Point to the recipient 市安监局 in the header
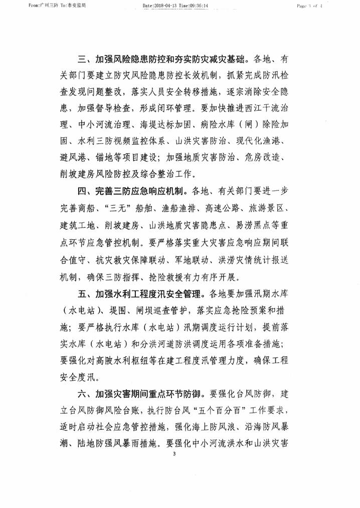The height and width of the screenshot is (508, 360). pyautogui.click(x=63, y=6)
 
